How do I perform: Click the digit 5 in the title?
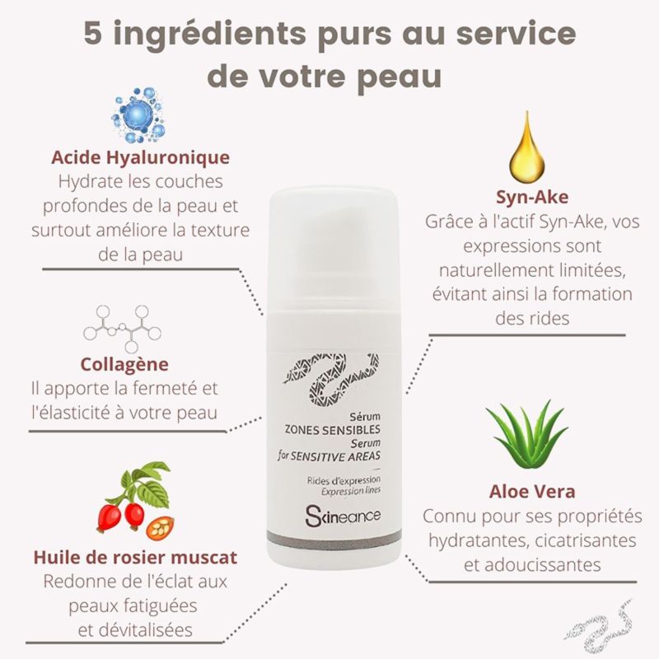(x=93, y=33)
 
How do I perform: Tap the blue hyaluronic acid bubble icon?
(x=139, y=115)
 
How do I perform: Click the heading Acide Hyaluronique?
(x=140, y=157)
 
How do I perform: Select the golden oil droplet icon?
(x=527, y=147)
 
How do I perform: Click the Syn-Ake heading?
(x=532, y=197)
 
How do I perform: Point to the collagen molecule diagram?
(x=122, y=329)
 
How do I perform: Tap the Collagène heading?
(x=124, y=364)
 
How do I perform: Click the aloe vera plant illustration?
(x=527, y=434)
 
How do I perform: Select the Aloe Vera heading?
(x=532, y=491)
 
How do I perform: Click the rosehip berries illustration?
(x=135, y=500)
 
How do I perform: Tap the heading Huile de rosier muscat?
(x=135, y=558)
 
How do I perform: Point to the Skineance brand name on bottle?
(x=343, y=516)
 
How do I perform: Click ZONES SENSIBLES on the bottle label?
(x=333, y=429)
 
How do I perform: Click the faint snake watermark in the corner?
(x=599, y=629)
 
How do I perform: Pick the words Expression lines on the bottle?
(x=351, y=491)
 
